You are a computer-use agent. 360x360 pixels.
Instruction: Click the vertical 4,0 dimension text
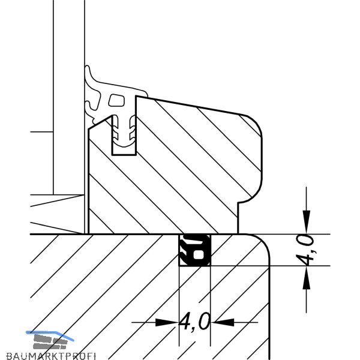(305, 250)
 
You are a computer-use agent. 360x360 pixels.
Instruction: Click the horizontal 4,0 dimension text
(194, 322)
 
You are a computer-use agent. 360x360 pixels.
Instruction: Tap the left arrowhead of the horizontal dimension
(167, 322)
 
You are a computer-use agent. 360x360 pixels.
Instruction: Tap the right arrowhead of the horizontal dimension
(222, 322)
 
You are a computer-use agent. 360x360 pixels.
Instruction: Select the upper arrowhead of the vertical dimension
(306, 222)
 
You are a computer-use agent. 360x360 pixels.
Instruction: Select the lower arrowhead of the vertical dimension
(306, 278)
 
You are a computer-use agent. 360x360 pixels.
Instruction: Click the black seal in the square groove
(194, 250)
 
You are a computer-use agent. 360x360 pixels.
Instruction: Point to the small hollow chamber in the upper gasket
(116, 100)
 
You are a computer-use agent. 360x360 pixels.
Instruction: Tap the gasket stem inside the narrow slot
(124, 131)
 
